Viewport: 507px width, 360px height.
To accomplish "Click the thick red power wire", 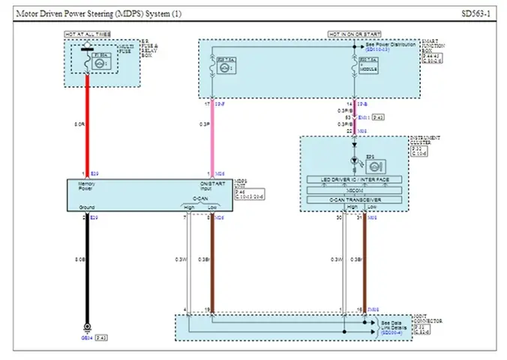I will (88, 124).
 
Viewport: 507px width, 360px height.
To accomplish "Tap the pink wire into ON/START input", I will (213, 135).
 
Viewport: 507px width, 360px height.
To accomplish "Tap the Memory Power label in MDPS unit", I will (79, 187).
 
